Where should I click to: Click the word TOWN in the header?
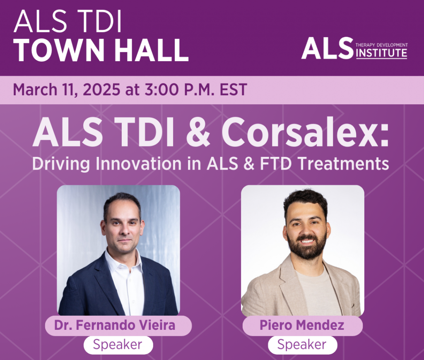[59, 50]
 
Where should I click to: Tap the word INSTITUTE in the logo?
[381, 53]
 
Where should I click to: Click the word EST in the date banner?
[234, 89]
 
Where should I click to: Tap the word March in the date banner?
[35, 89]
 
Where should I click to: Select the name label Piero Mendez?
[302, 325]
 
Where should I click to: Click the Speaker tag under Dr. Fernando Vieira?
[118, 345]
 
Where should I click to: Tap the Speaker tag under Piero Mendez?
[302, 345]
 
